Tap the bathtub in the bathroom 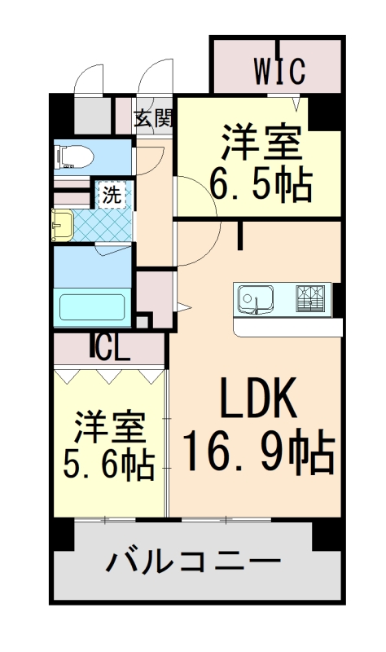pos(92,309)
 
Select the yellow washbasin pos(61,226)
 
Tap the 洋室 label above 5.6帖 pos(111,424)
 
